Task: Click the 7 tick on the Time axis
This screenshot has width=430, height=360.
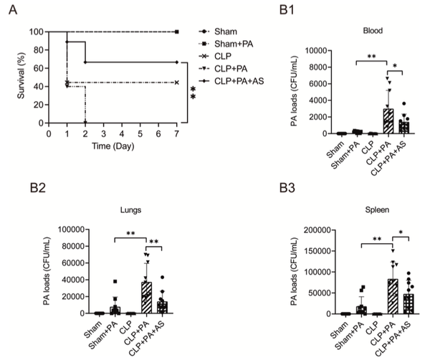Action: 176,134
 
